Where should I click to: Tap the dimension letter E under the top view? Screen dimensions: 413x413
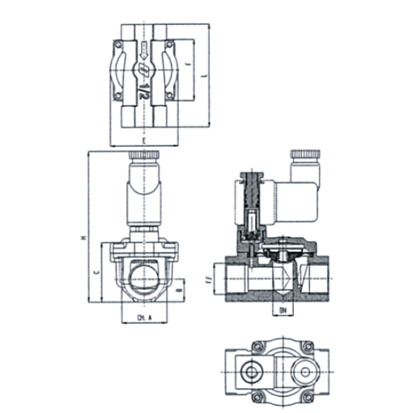click(x=143, y=141)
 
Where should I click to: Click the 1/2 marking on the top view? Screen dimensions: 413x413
click(x=143, y=84)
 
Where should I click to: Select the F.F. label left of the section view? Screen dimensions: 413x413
click(x=209, y=281)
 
